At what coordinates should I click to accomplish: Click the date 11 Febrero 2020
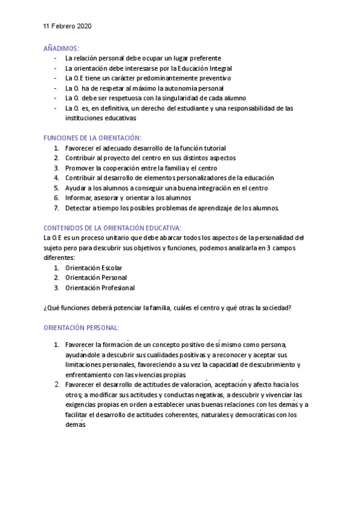68,27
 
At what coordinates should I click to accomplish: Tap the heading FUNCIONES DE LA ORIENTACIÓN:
93,137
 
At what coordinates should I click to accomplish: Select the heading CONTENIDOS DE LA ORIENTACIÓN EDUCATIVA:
113,227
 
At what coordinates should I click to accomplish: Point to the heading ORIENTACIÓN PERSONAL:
82,328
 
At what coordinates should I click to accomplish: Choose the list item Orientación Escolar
94,267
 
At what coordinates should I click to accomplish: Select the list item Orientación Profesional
100,288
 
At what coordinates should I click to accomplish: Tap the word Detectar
79,208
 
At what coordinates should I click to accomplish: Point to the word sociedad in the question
275,308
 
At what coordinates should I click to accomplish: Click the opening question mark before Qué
45,308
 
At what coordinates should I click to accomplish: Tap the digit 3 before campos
272,248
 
